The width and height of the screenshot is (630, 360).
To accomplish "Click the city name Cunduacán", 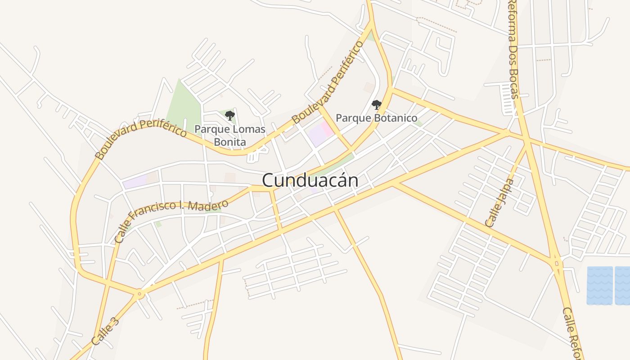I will (310, 180).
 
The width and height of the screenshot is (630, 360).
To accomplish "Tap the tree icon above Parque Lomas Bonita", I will (230, 116).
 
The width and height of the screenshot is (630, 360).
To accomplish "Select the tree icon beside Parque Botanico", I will (376, 105).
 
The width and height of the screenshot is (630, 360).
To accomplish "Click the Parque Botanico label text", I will (377, 118).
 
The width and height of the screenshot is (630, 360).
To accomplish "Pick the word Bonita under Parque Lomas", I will (229, 142).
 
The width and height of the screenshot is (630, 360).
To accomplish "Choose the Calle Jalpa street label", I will (499, 202).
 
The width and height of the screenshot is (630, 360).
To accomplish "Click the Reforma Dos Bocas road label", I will (513, 49).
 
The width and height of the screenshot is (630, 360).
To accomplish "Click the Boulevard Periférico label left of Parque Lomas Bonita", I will (140, 139).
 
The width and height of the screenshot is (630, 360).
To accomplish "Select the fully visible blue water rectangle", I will (599, 285).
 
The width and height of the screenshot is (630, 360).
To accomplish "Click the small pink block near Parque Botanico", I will (327, 129).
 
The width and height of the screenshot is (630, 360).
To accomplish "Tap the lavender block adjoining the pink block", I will (318, 135).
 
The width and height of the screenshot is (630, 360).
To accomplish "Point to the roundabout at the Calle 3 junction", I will (139, 294).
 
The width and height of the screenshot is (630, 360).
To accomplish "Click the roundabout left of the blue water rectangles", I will (557, 263).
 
